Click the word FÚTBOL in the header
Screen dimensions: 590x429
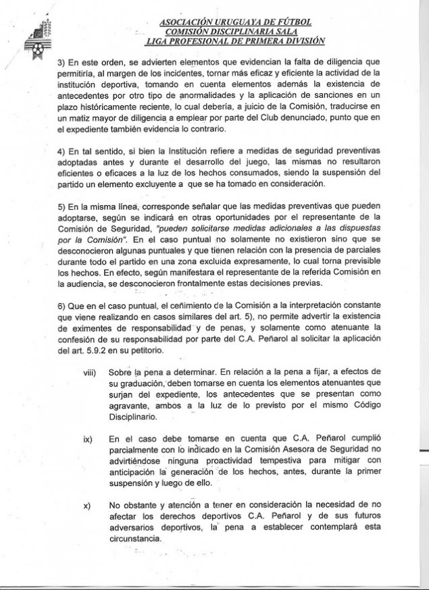[x=293, y=22]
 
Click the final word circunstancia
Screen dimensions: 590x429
[x=135, y=539]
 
